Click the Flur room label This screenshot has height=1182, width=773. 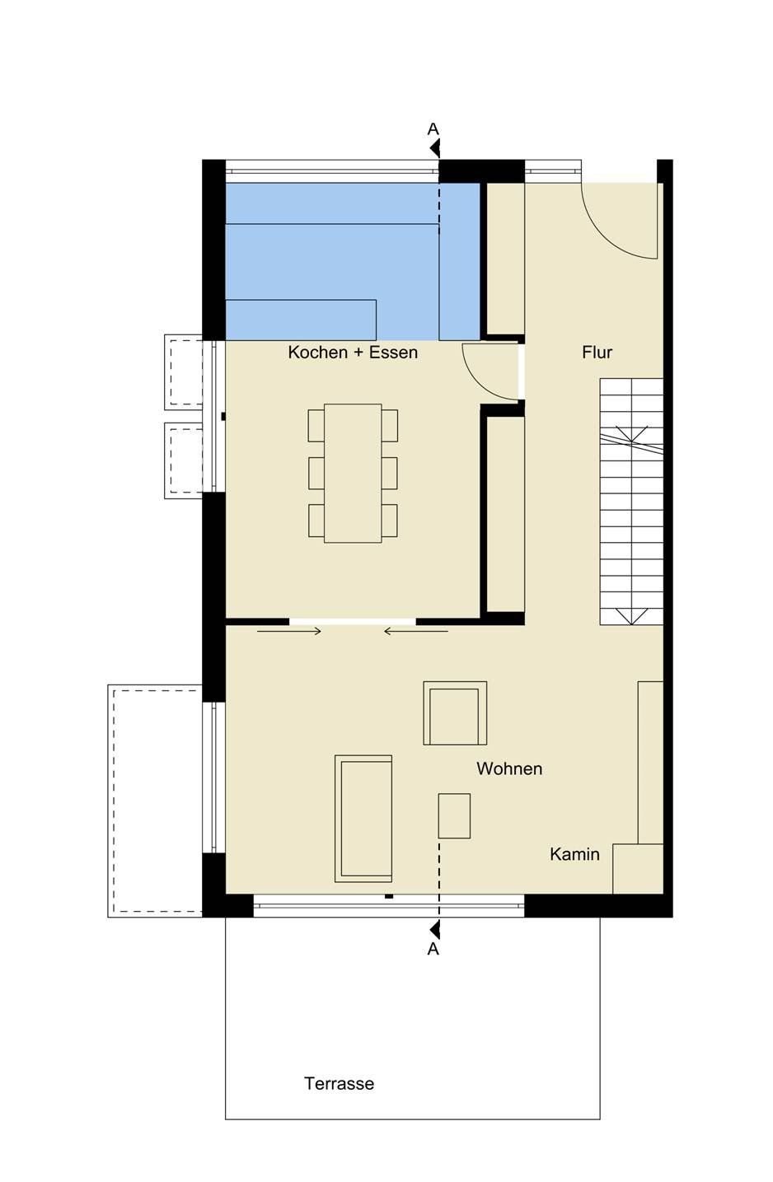point(597,352)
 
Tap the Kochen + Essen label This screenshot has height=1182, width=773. point(353,352)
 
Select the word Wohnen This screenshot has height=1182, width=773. point(509,769)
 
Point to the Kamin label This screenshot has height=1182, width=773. point(574,854)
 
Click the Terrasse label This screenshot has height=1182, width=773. point(339,1083)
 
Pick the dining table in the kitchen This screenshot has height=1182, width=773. point(353,474)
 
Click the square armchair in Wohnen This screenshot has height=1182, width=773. point(455,712)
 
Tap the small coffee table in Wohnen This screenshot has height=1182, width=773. point(454,815)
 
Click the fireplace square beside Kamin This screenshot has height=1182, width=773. point(638,868)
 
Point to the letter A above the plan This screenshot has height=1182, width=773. point(433,129)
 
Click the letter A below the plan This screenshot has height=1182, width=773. point(433,949)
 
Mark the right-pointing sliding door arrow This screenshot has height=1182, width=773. point(289,631)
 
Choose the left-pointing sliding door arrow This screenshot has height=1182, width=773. point(415,631)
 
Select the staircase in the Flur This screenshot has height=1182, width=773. point(631,502)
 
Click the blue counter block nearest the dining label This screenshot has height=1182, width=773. point(301,320)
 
